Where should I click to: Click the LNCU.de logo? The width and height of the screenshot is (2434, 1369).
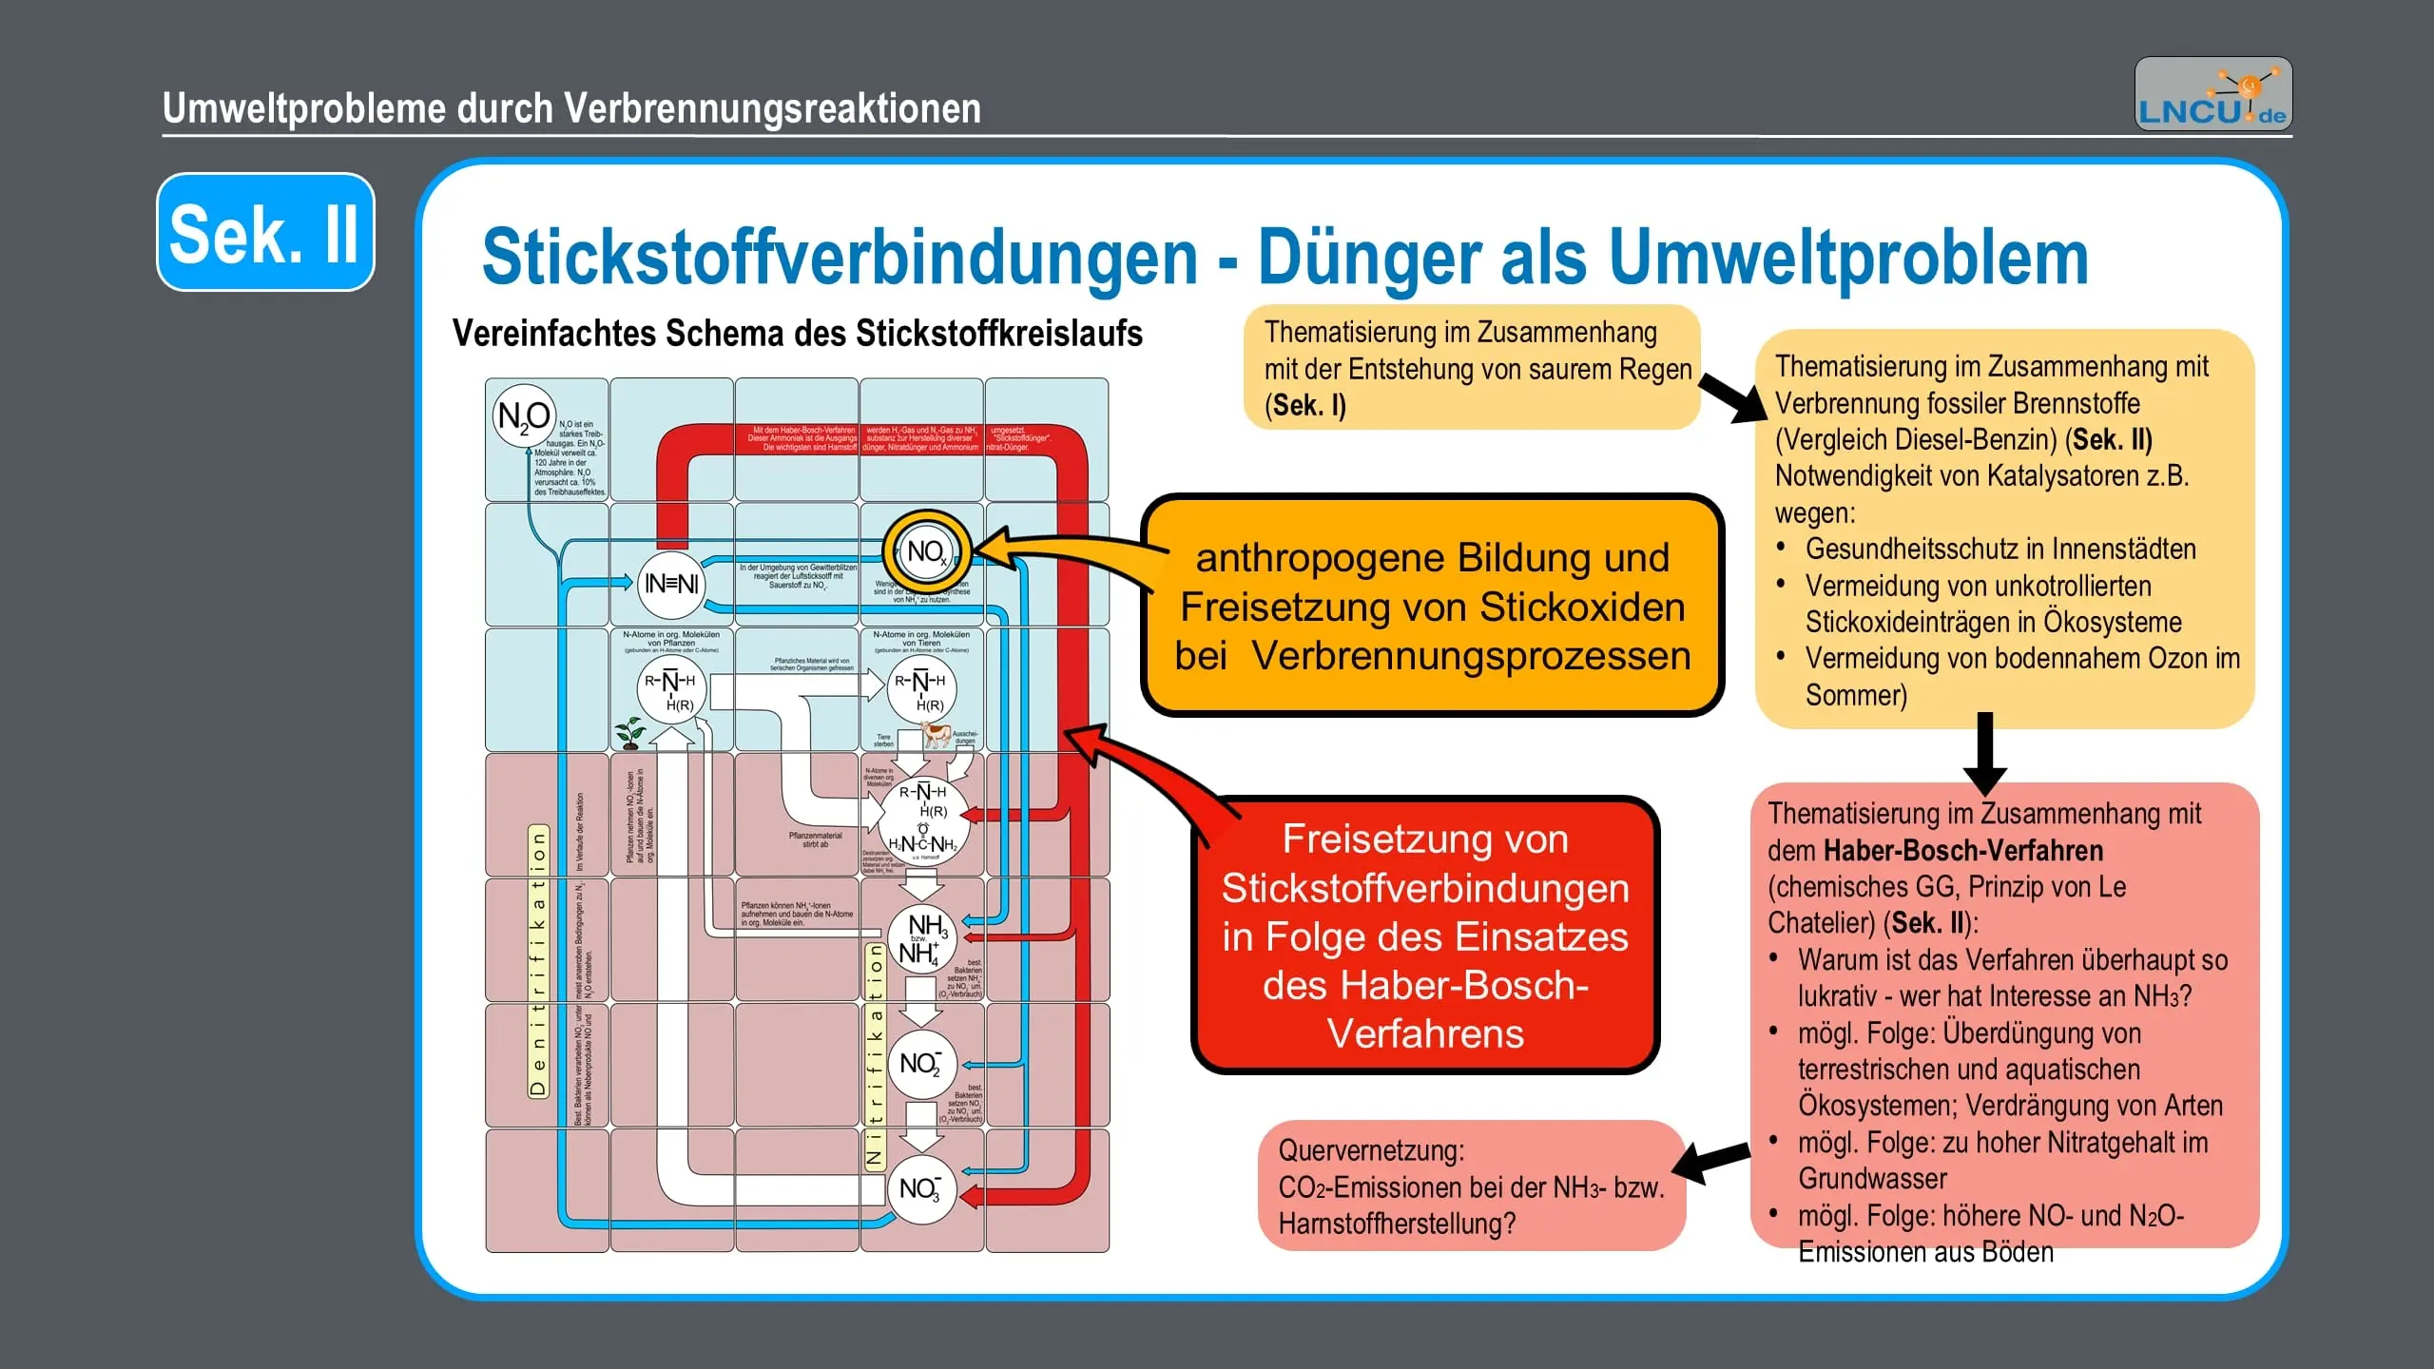(x=2212, y=94)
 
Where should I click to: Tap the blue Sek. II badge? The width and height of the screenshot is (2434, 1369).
(x=265, y=232)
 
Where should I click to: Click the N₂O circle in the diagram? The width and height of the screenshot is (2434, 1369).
(x=523, y=415)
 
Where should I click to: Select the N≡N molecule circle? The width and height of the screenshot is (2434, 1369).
(x=671, y=583)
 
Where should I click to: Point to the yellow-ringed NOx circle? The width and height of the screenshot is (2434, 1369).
(x=926, y=551)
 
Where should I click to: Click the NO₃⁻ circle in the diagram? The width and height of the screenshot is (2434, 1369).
(x=920, y=1188)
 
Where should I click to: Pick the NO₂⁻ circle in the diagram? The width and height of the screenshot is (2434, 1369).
(x=920, y=1063)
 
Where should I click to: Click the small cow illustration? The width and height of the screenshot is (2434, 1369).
(x=937, y=734)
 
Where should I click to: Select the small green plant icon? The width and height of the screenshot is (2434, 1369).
(x=629, y=733)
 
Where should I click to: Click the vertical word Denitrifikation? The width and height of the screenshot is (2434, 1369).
(x=538, y=960)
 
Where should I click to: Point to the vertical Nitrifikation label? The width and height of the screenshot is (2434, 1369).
(x=875, y=1055)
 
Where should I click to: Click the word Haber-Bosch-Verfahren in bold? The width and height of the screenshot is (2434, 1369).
(x=1963, y=850)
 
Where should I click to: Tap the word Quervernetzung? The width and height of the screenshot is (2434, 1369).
(x=1370, y=1150)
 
